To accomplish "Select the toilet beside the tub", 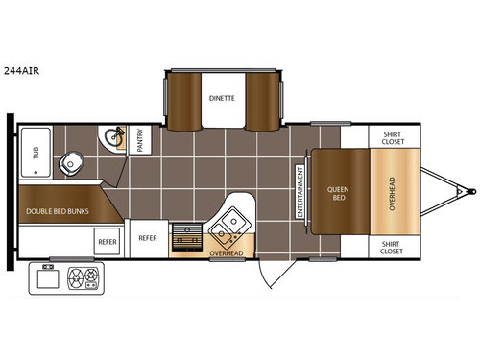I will pyautogui.click(x=71, y=164).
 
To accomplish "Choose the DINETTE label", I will pyautogui.click(x=223, y=98).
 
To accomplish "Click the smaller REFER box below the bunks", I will pyautogui.click(x=107, y=242).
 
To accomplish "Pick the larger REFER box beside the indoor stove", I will pyautogui.click(x=148, y=237).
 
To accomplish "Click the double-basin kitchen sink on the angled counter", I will pyautogui.click(x=229, y=230).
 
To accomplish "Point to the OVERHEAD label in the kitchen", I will pyautogui.click(x=227, y=253).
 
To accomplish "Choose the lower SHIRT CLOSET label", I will pyautogui.click(x=392, y=247).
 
